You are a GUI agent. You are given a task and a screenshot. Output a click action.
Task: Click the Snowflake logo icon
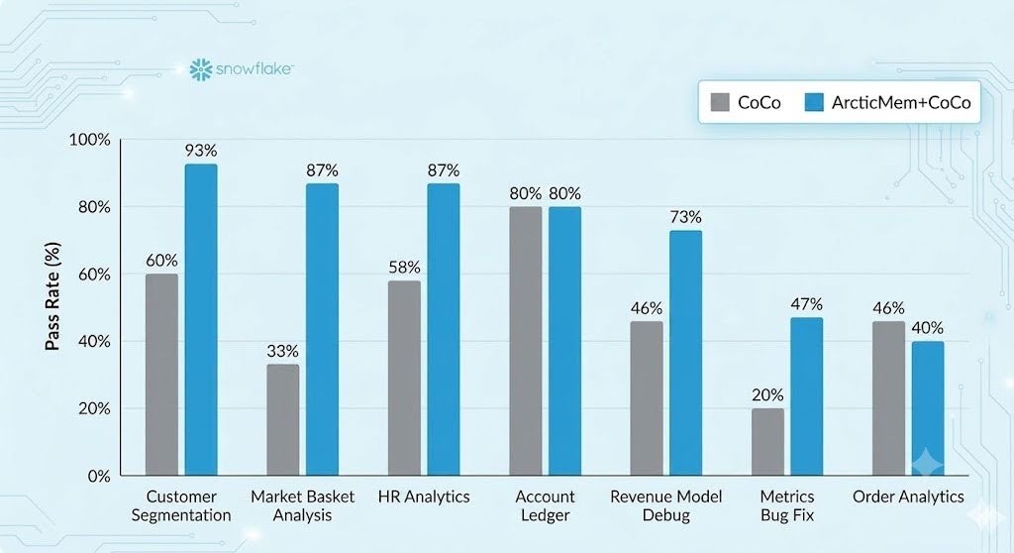[x=200, y=69]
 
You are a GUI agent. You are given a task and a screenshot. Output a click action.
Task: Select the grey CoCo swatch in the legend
[x=720, y=102]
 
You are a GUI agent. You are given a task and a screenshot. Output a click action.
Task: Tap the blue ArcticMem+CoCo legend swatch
[x=814, y=102]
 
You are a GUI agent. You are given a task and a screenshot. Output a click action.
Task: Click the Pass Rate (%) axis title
[x=52, y=296]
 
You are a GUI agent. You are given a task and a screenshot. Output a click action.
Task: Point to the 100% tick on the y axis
[x=90, y=140]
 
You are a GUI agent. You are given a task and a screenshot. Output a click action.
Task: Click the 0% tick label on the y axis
[x=99, y=477]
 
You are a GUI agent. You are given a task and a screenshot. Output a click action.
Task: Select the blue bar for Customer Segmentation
[x=201, y=319]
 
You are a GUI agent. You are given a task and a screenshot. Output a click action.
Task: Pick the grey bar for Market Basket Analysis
[x=282, y=419]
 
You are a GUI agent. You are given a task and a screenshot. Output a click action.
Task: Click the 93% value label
[x=201, y=151]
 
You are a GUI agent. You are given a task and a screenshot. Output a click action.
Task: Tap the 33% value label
[x=282, y=351]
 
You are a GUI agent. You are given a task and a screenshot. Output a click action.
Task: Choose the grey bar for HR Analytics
[x=404, y=378]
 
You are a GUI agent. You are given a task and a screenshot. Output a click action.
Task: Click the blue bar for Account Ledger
[x=565, y=341]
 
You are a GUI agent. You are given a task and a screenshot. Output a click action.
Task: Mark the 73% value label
[x=685, y=217]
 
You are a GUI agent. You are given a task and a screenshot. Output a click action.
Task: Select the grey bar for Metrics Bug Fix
[x=767, y=442]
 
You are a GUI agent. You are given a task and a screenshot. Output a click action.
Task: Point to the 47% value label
[x=806, y=304]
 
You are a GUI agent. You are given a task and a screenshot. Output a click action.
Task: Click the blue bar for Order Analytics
[x=928, y=408]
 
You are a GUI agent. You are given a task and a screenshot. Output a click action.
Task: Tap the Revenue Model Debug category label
[x=666, y=505]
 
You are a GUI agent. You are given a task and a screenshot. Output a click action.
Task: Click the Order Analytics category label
[x=908, y=497]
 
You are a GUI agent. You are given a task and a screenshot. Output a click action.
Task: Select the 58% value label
[x=404, y=268]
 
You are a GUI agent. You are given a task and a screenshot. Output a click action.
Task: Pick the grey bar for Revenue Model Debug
[x=647, y=398]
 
